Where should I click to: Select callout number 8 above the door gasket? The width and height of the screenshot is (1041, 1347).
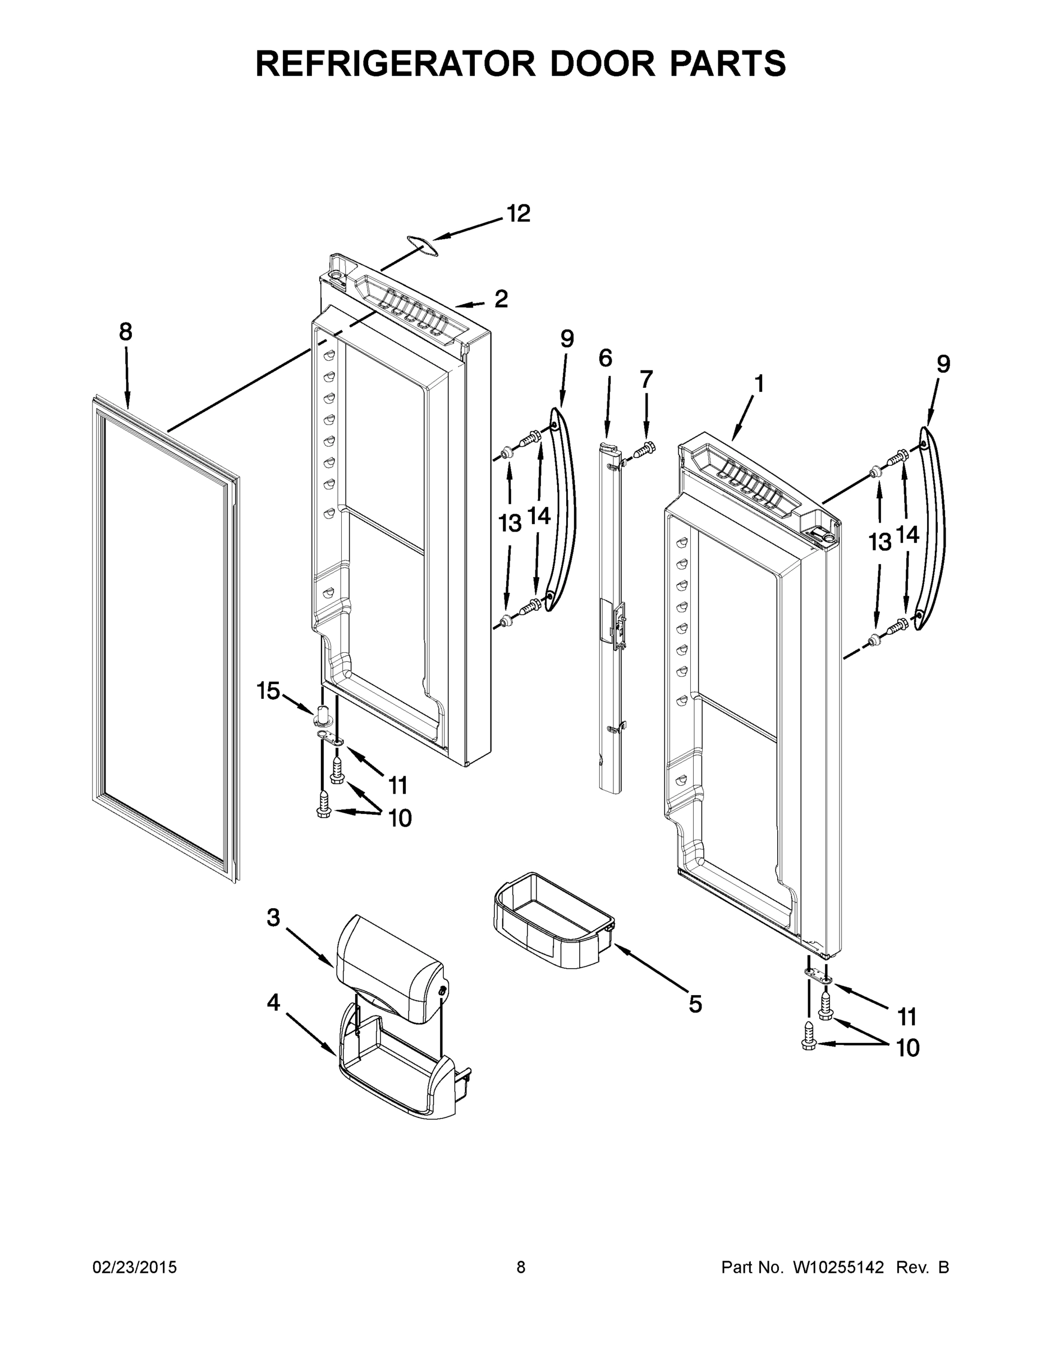point(126,332)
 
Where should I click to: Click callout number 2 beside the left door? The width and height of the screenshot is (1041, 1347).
point(501,299)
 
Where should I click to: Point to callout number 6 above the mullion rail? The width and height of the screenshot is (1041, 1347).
point(605,358)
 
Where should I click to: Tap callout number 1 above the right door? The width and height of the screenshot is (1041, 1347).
point(759,384)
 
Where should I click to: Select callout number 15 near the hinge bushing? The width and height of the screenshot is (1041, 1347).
point(268,691)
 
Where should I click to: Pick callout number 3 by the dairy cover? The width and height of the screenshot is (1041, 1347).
point(273,918)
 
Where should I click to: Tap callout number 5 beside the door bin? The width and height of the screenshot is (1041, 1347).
point(695,1005)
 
